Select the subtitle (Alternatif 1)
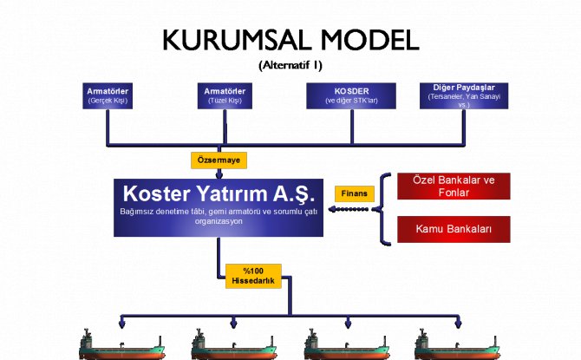(290, 65)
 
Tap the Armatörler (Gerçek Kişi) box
(109, 95)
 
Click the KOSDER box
(351, 95)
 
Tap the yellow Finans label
(355, 193)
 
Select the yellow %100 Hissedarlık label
(253, 276)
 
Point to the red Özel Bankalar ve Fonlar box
(454, 186)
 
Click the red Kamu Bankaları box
(454, 229)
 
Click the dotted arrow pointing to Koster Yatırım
(351, 209)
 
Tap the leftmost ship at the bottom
(121, 345)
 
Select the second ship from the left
(232, 345)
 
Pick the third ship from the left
(348, 345)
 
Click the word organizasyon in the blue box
(219, 221)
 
